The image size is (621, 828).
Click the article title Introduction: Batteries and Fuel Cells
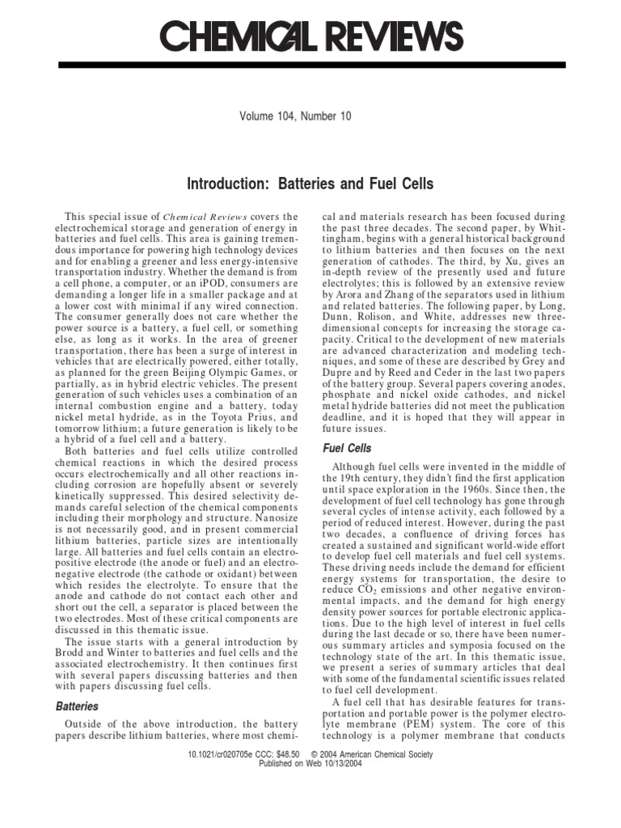pyautogui.click(x=310, y=184)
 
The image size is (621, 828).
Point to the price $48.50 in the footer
pyautogui.click(x=281, y=754)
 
